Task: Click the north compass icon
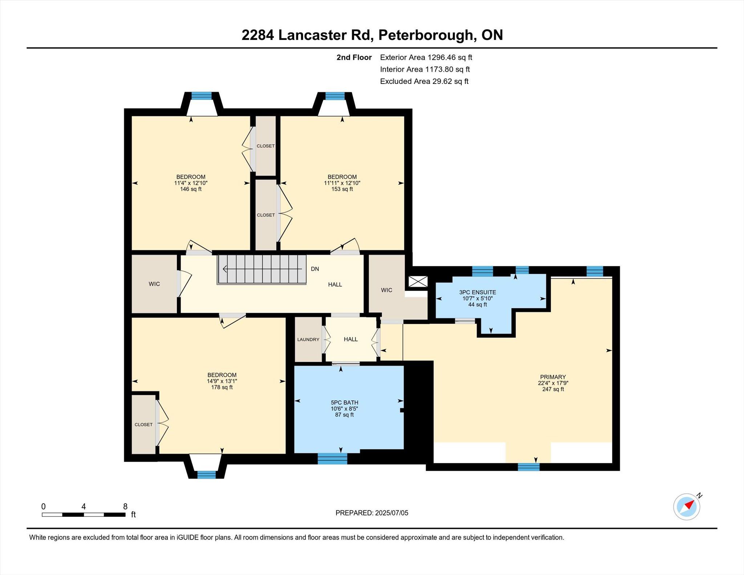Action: tap(687, 506)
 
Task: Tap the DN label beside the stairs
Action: tap(315, 269)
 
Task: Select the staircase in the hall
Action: tap(262, 269)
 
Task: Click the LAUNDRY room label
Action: tap(308, 339)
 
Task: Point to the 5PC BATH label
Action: tap(344, 402)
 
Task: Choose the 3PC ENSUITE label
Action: tap(477, 292)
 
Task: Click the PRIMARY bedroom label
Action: tap(553, 377)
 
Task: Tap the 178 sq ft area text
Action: tap(222, 387)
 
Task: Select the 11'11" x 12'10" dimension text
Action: tap(342, 183)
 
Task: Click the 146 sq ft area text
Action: tap(191, 189)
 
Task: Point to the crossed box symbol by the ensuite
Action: tap(418, 282)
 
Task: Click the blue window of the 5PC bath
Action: tap(332, 458)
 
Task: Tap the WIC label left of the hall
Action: tap(154, 284)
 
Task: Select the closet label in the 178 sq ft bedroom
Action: tap(143, 424)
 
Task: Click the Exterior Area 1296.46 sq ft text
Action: tap(426, 57)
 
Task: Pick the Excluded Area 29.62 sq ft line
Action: tap(424, 81)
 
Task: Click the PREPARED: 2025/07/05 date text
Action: tap(372, 513)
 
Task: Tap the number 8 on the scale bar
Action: tap(125, 506)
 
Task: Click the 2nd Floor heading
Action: tap(354, 57)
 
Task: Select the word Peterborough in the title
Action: tap(427, 35)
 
